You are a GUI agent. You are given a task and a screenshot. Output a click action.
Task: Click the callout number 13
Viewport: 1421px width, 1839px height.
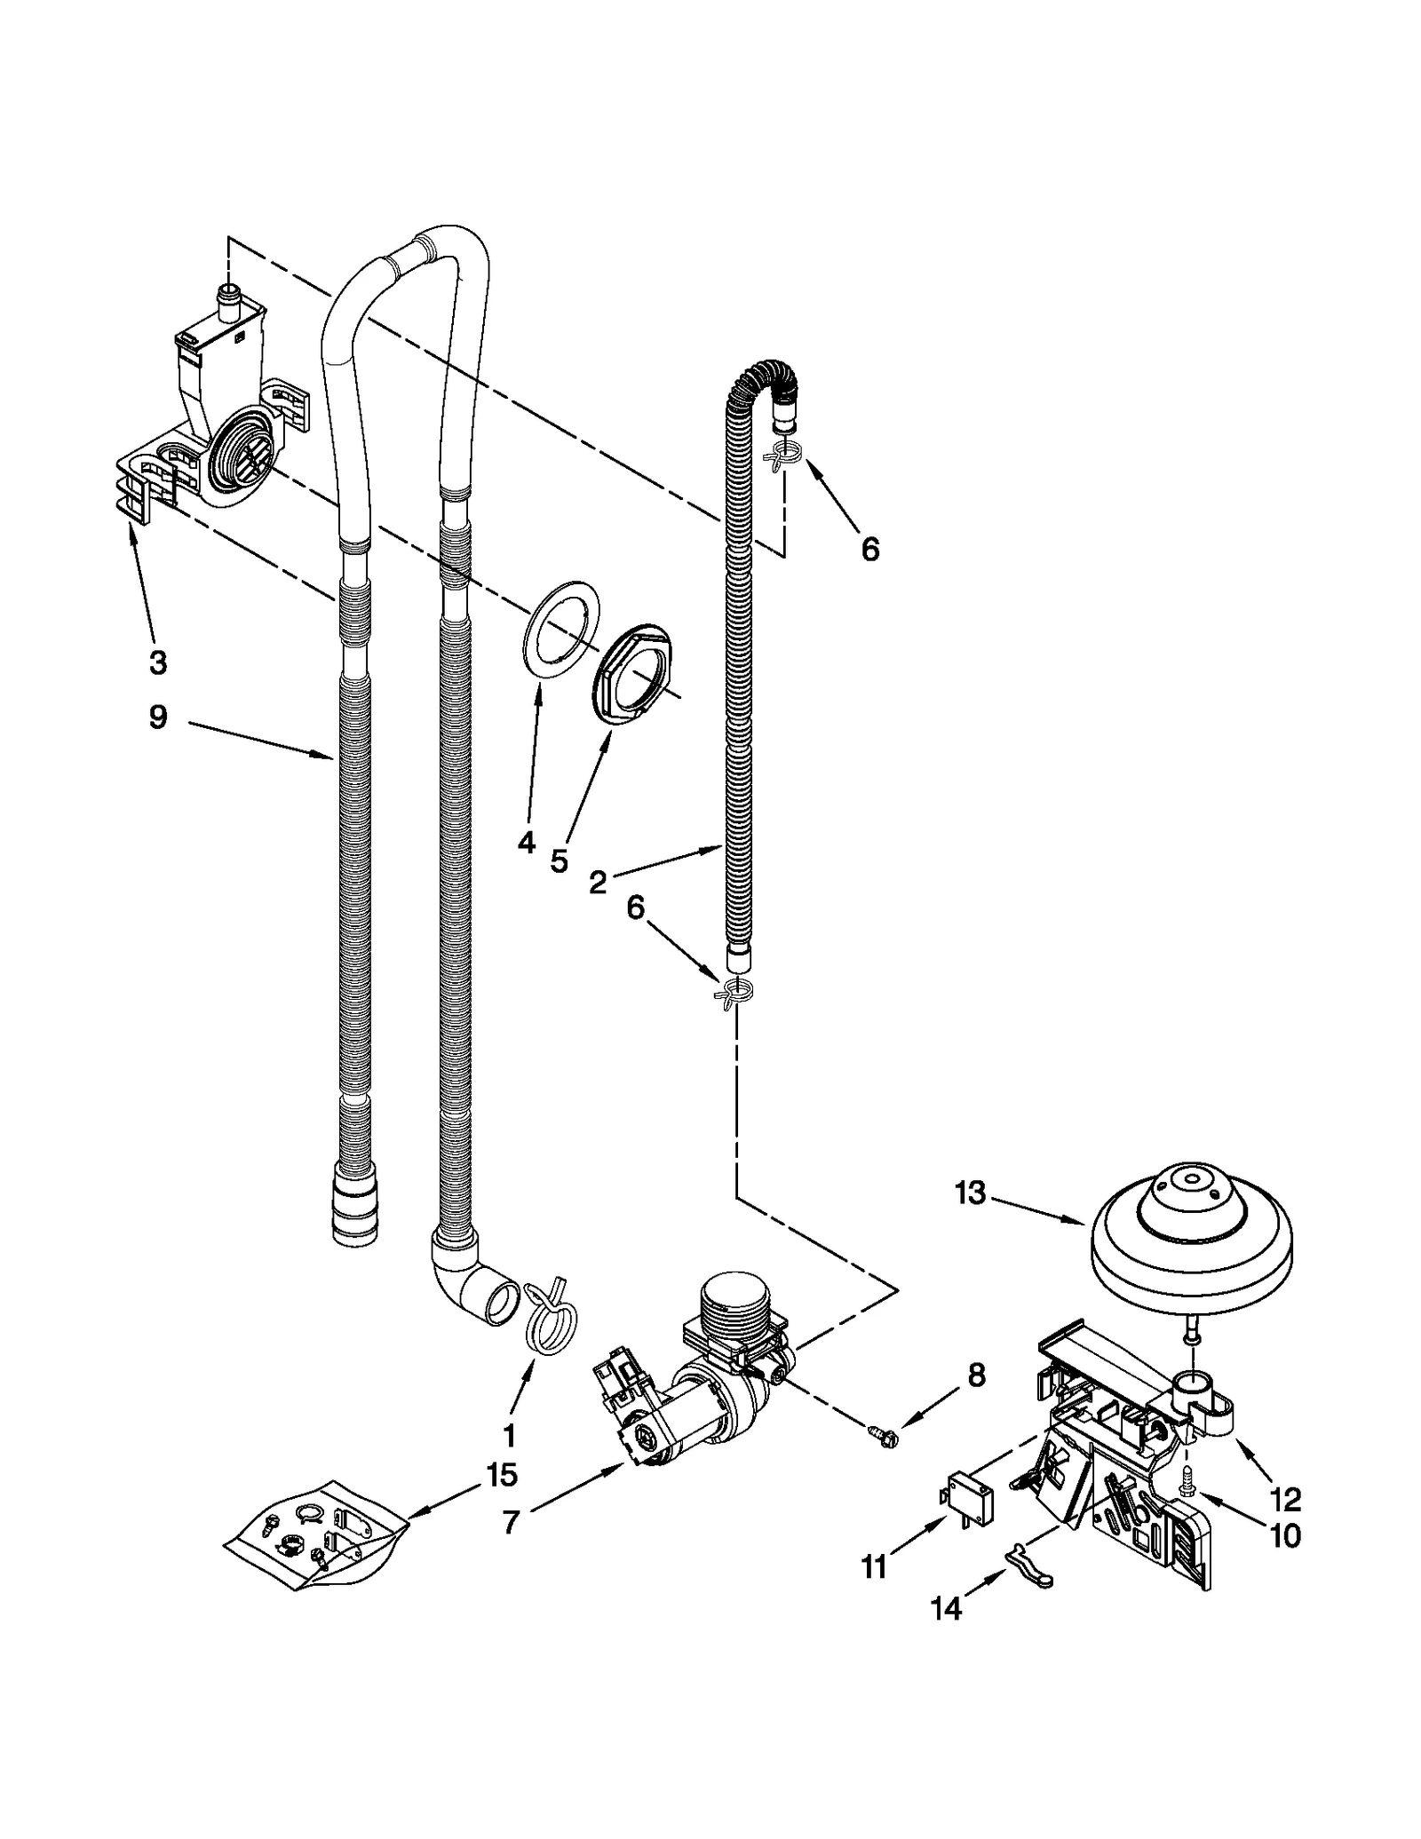(970, 1193)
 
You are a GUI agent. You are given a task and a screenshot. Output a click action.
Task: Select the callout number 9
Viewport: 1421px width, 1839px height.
(157, 717)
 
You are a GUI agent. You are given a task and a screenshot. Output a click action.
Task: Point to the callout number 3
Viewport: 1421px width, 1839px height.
(156, 662)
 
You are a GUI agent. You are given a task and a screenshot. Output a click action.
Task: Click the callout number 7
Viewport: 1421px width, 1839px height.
(510, 1522)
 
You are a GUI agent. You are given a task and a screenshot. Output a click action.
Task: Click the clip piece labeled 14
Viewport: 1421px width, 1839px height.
(1028, 1576)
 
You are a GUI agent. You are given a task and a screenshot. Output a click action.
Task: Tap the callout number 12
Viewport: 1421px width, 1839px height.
(1285, 1500)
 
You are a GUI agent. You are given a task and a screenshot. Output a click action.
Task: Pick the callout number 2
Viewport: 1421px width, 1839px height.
(598, 882)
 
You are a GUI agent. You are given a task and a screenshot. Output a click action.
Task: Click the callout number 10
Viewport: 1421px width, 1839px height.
(1284, 1535)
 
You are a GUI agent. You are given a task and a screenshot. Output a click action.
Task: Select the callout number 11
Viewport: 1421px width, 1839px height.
(874, 1568)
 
